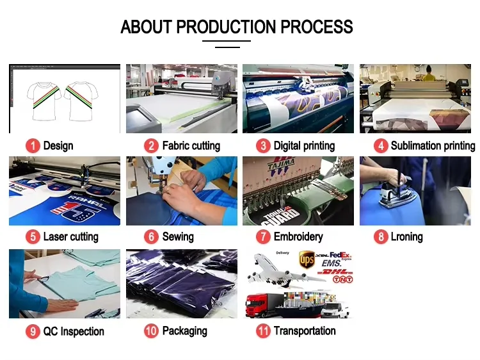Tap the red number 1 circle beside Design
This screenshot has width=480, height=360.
(33, 146)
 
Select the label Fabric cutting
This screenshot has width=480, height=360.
(191, 146)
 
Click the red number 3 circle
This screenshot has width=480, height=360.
(263, 146)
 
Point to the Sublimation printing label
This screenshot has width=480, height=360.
(433, 146)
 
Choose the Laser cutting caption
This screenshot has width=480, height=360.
(70, 237)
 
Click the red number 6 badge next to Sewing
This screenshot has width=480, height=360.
(152, 237)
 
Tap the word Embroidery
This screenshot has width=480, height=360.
(298, 237)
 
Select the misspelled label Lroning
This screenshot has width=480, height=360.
(406, 237)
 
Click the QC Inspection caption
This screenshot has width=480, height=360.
(73, 332)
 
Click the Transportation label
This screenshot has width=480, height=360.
(305, 331)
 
